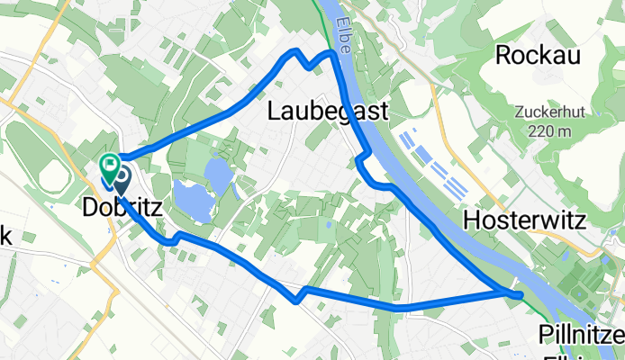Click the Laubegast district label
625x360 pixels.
tap(329, 111)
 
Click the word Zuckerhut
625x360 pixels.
tap(545, 113)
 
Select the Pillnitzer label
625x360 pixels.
tap(580, 336)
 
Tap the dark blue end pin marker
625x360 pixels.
tap(121, 175)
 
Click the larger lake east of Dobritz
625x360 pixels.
tap(193, 197)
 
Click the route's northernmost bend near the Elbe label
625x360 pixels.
tap(332, 54)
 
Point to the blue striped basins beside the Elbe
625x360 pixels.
tap(433, 162)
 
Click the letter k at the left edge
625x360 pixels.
tap(5, 237)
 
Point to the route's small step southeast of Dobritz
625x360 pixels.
tap(171, 239)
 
